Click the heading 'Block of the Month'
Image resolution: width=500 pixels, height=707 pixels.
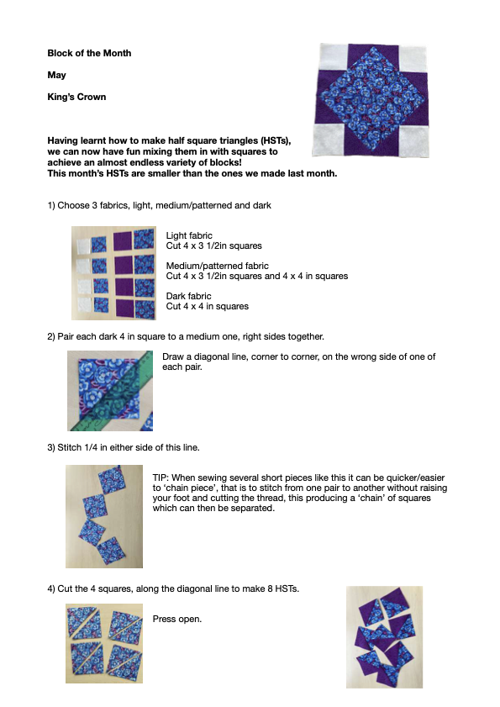[x=89, y=53]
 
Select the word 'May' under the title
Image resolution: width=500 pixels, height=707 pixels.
[x=57, y=75]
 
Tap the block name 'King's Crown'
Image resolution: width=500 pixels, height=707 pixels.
[x=76, y=97]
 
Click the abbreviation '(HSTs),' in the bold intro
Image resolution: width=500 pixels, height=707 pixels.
[x=276, y=140]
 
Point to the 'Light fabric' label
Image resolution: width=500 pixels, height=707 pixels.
[x=189, y=235]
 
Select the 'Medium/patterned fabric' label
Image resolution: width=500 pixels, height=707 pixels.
[x=218, y=266]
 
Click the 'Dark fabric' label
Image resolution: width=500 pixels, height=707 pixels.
[x=188, y=296]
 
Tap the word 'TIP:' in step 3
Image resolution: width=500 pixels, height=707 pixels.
[x=161, y=477]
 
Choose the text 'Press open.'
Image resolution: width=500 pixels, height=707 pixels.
[x=177, y=619]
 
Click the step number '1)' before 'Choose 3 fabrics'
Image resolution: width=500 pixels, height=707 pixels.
[x=51, y=206]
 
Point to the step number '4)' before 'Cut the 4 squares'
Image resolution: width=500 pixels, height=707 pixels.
[x=51, y=588]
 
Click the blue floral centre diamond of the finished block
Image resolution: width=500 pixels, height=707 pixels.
[x=370, y=100]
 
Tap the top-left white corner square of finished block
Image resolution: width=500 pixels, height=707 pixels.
[x=334, y=57]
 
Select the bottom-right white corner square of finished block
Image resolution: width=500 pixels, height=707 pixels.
[x=413, y=141]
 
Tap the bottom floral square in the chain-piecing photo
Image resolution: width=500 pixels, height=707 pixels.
[x=111, y=551]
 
